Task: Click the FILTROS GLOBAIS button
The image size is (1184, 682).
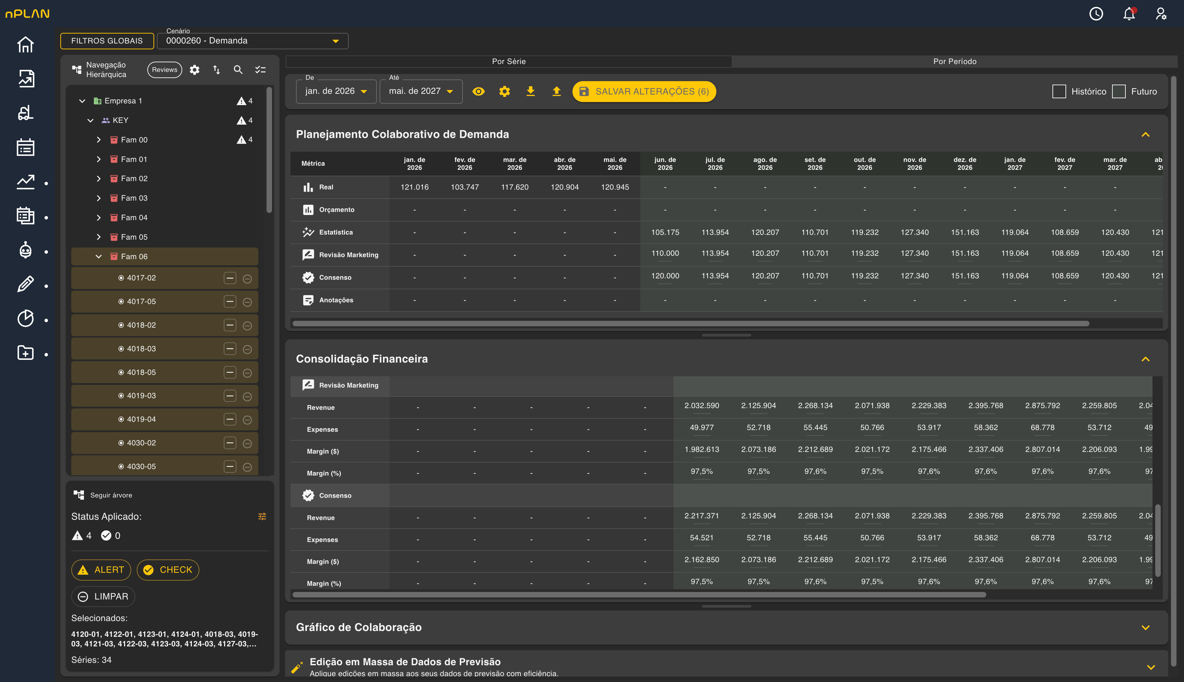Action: coord(107,41)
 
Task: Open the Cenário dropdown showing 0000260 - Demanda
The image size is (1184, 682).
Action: coord(252,41)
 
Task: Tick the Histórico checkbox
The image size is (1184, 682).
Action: coord(1059,91)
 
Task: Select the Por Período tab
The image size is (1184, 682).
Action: coord(954,61)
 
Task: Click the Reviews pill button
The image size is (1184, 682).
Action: coord(164,70)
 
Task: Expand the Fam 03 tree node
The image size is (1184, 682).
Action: coord(98,198)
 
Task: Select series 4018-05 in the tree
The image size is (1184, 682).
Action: coord(141,372)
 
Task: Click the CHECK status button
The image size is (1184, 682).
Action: coord(168,570)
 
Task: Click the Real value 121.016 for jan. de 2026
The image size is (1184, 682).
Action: coord(414,187)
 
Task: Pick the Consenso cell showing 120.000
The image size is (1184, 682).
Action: coord(665,276)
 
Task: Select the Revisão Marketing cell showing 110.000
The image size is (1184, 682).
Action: coord(665,253)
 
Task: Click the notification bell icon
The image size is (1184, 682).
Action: coord(1129,14)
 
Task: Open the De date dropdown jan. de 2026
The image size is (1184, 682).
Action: coord(336,91)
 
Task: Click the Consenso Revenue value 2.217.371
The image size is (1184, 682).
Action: coord(702,516)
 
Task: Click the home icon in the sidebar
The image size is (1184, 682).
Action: coord(25,45)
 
